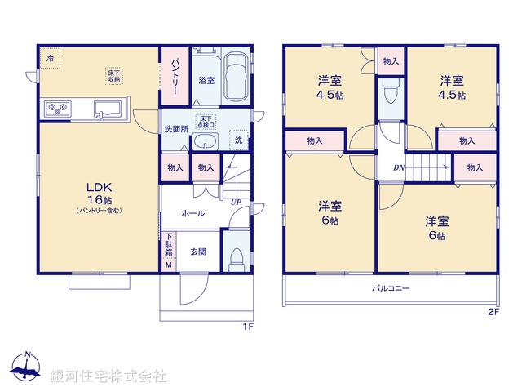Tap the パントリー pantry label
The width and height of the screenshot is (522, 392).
(x=175, y=76)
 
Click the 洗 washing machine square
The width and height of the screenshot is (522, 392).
(x=238, y=140)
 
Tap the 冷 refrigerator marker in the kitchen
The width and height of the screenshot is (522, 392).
(x=50, y=59)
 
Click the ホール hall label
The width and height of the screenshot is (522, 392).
(x=193, y=214)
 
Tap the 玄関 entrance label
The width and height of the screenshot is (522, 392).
(x=198, y=252)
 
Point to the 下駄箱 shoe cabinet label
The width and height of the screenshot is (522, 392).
(x=169, y=246)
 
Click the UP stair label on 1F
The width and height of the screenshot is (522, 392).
(x=236, y=202)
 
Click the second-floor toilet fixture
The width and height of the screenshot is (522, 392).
(x=389, y=91)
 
